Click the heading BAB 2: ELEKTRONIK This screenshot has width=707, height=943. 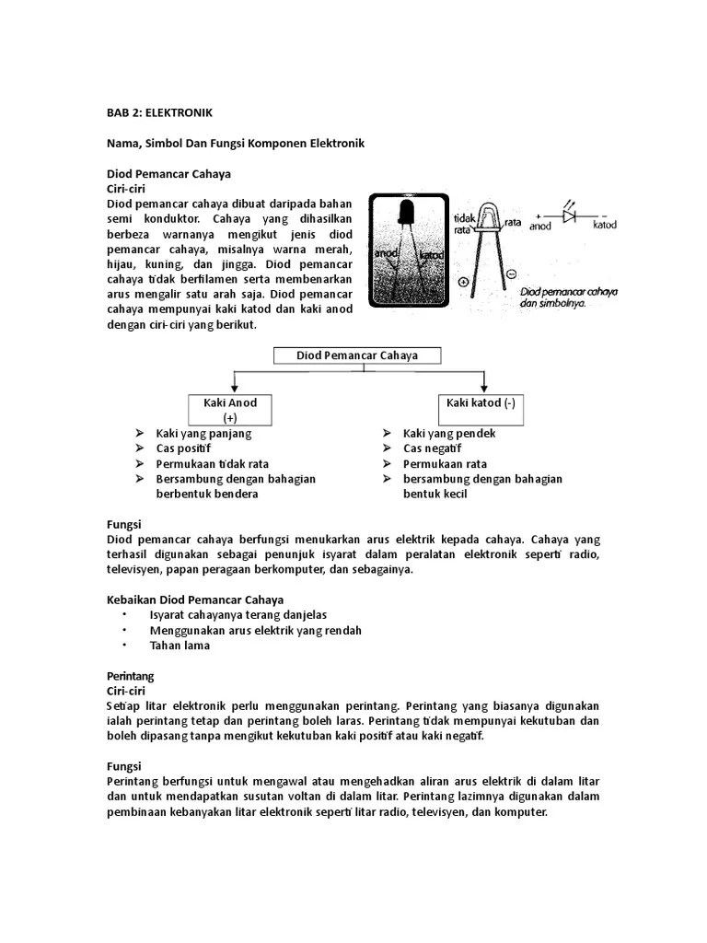(x=159, y=112)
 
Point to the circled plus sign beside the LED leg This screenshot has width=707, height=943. (x=463, y=282)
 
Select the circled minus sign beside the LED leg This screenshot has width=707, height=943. (x=511, y=274)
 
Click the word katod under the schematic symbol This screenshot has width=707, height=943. (x=605, y=225)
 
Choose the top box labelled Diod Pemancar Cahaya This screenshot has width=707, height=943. (x=356, y=355)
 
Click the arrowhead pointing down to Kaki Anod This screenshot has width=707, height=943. (x=236, y=388)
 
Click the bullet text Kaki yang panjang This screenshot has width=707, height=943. (x=203, y=433)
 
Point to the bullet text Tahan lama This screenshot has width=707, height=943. (x=180, y=646)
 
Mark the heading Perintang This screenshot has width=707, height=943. (x=131, y=675)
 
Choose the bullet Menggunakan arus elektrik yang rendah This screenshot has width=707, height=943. (x=255, y=630)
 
